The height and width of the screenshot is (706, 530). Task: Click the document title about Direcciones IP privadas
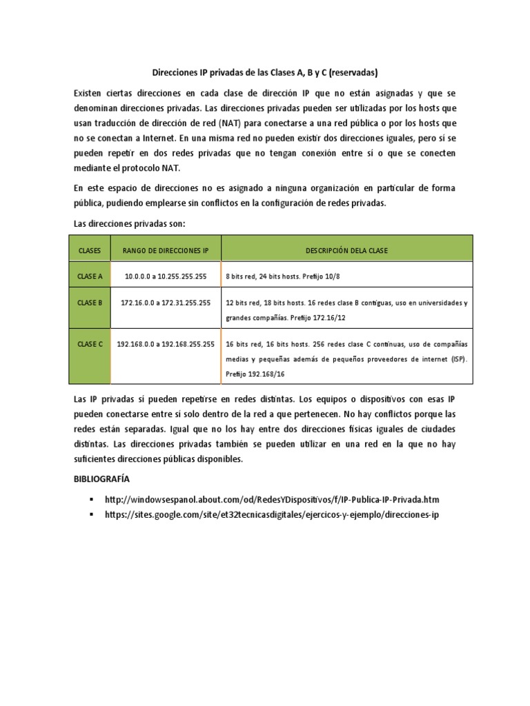tap(265, 72)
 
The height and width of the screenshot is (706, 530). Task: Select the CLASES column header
tap(90, 250)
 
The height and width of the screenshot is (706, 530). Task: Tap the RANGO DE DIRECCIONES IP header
tap(166, 250)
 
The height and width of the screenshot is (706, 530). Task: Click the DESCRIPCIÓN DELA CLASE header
tap(346, 250)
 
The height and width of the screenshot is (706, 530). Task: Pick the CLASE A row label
tap(90, 276)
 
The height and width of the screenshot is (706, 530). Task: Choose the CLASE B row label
tap(90, 303)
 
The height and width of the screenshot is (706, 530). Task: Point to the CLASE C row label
tap(90, 344)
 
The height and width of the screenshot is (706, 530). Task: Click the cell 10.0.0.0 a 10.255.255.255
tap(166, 276)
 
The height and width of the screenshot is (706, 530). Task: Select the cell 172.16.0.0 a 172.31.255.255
tap(166, 303)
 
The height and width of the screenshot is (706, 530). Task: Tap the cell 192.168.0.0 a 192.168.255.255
tap(166, 344)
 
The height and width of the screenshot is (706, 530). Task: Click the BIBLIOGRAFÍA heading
tap(101, 478)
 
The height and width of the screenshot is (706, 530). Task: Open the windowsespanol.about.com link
tap(272, 499)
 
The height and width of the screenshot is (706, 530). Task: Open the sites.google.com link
tap(272, 515)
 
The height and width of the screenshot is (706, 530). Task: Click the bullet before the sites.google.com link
tap(90, 515)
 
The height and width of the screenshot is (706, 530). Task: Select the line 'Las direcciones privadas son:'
tap(130, 223)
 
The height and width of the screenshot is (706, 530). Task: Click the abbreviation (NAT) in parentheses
tap(228, 123)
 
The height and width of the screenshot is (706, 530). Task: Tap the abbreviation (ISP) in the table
tap(456, 359)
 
